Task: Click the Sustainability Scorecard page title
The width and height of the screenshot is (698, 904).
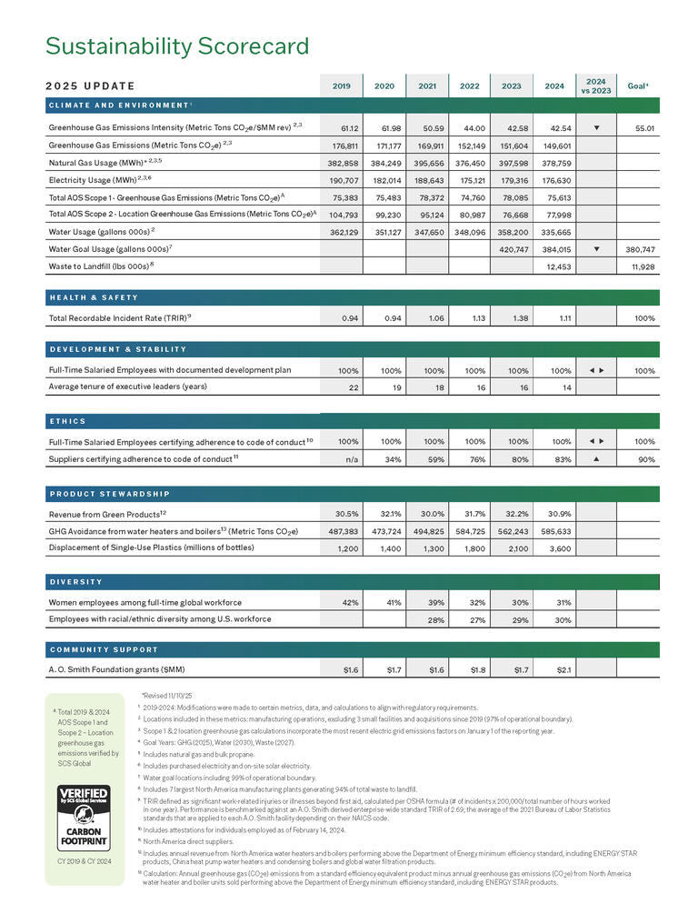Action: pos(177,45)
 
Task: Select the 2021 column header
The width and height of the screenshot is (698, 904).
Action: pos(426,86)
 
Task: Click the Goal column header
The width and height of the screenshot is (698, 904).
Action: pos(638,86)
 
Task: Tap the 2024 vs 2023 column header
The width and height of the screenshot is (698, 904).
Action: pos(596,85)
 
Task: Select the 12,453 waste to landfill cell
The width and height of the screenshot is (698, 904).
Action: pos(554,266)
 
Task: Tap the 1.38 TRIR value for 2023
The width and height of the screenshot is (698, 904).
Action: pos(512,318)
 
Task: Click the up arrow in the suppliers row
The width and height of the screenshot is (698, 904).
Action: pos(595,458)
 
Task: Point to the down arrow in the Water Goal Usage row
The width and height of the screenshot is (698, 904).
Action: pos(595,248)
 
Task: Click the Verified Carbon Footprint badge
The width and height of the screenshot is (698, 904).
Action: pos(85,819)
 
